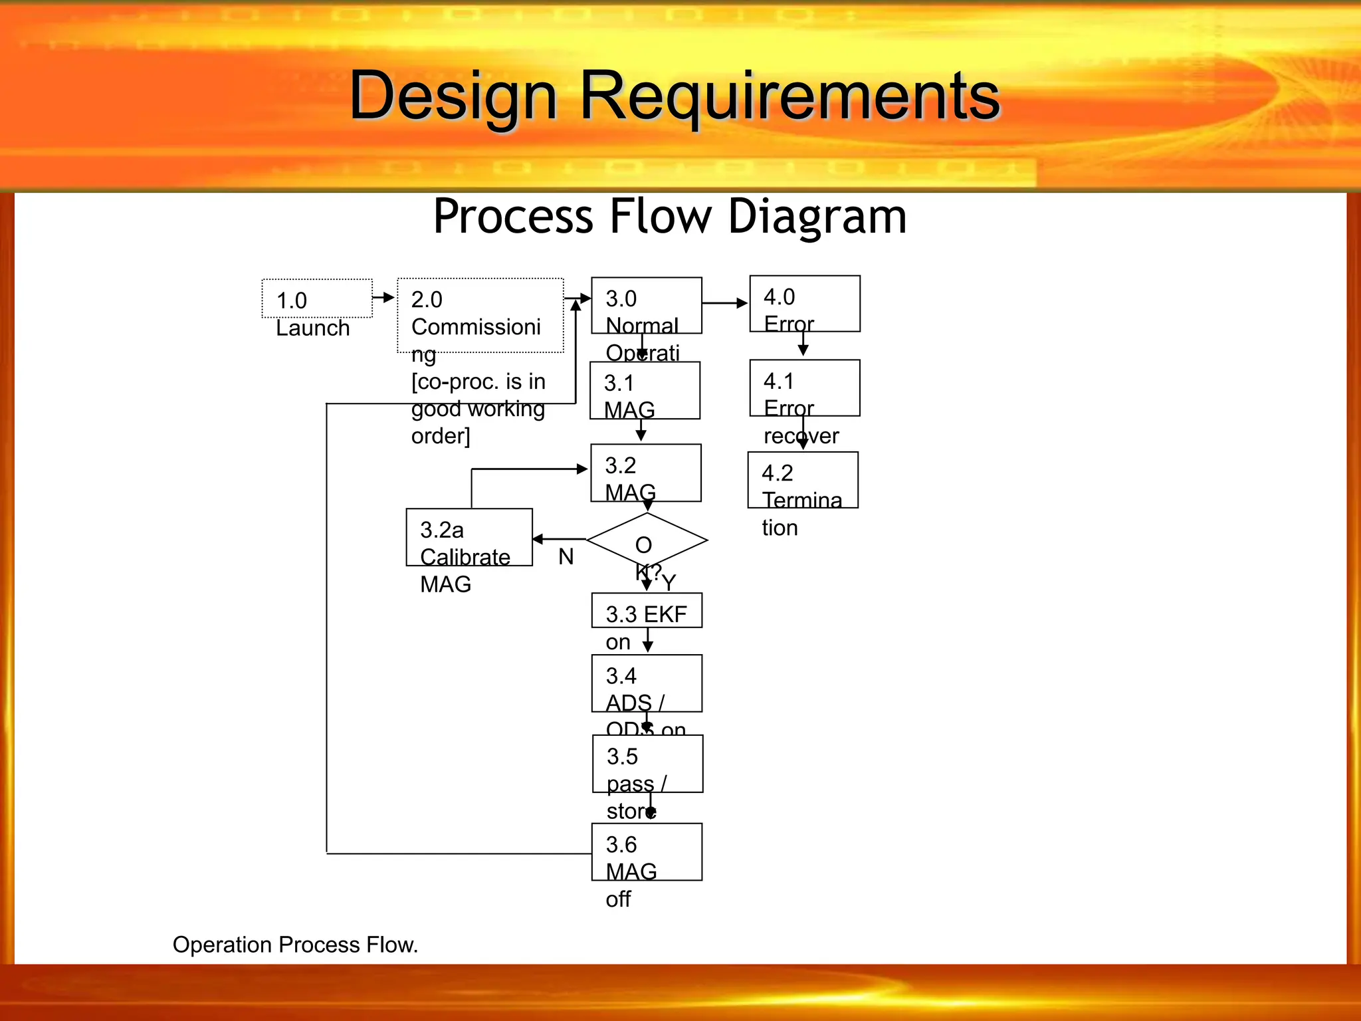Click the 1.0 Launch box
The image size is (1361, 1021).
317,298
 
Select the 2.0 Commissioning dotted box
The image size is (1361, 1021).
480,315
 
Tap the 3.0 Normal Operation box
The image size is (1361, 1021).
646,306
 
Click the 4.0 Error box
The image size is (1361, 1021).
804,304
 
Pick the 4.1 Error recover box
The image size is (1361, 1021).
804,388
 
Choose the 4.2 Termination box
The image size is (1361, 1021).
803,480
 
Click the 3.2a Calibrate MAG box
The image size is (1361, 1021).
469,537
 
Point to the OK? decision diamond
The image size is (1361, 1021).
647,540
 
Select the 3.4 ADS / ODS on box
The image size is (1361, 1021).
647,683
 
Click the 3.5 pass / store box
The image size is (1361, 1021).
647,764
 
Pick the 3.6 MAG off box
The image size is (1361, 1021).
647,852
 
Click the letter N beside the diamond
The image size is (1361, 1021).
566,557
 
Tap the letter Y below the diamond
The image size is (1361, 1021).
669,583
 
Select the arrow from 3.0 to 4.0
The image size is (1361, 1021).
724,303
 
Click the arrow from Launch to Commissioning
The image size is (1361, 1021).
383,297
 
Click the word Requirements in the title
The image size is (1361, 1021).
789,96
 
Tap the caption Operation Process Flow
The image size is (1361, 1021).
295,945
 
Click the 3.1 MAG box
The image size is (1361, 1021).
645,390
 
